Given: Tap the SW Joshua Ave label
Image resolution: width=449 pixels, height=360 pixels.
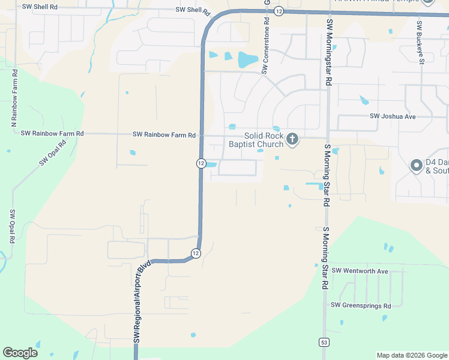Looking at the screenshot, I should [x=393, y=116].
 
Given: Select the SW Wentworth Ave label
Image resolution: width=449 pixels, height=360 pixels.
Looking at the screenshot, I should [x=360, y=271].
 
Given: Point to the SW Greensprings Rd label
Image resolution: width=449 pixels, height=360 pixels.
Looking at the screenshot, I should [x=361, y=305].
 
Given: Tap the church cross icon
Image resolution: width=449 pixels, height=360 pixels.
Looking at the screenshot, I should [x=292, y=140].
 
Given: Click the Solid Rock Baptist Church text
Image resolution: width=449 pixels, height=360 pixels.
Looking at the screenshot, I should [x=256, y=140].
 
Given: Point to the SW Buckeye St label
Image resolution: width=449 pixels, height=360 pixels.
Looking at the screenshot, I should [x=421, y=43].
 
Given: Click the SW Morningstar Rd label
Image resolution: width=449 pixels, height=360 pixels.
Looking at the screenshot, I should [x=329, y=52].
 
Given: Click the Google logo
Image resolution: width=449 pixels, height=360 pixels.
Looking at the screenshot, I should [x=20, y=353].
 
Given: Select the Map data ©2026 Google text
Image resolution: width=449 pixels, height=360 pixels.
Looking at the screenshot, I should [x=411, y=355].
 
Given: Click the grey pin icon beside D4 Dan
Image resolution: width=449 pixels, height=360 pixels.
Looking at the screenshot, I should [x=416, y=165].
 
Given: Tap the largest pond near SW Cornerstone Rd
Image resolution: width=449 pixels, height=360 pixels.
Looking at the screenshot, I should [x=247, y=59].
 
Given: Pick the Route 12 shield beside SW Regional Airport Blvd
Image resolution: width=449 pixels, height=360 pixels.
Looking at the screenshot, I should [x=196, y=254].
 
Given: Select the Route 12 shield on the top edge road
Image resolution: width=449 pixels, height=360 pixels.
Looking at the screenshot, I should [x=279, y=11].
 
